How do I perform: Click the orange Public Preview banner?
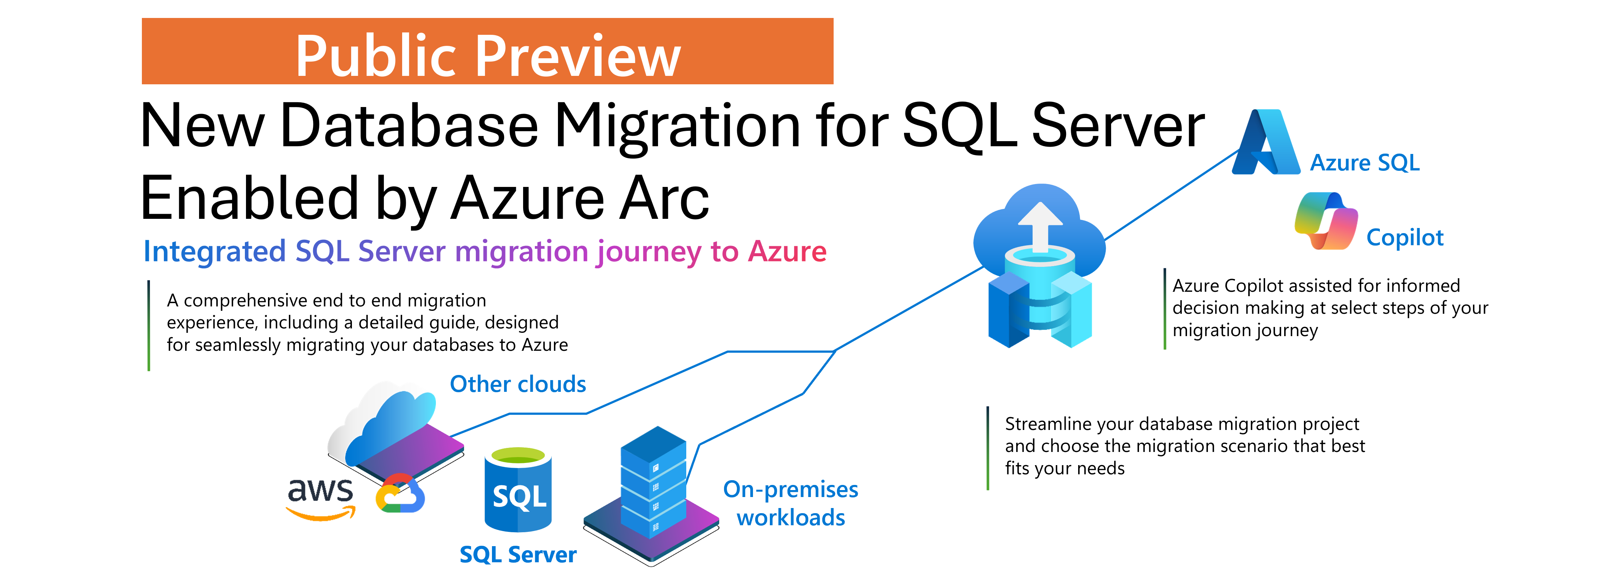click(x=487, y=51)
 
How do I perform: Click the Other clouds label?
click(x=518, y=384)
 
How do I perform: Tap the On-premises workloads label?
click(x=790, y=503)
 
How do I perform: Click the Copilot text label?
click(x=1404, y=238)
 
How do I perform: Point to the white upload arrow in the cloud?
click(x=1040, y=225)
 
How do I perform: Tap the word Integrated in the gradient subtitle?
click(x=214, y=252)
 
